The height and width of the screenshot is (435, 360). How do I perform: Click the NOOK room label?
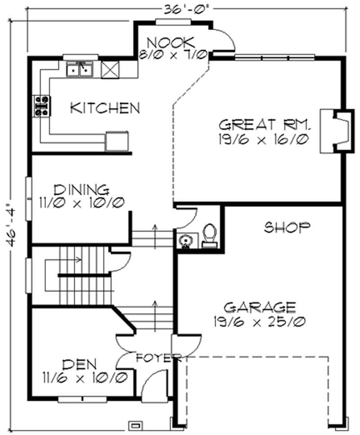point(171,43)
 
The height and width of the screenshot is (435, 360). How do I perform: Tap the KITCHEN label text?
point(105,108)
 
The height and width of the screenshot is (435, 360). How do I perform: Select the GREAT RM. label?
point(265,125)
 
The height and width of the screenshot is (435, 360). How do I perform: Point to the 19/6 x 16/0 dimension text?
point(263,139)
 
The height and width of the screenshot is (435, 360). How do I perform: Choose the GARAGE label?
point(260,307)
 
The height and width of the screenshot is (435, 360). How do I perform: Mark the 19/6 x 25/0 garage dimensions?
point(260,322)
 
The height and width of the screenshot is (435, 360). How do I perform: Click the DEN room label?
point(80,364)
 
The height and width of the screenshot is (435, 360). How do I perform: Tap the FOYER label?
point(158,358)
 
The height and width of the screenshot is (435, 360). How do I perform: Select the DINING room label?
point(81,190)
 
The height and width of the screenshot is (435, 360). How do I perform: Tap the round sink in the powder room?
point(185,240)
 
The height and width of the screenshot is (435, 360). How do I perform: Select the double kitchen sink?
point(80,69)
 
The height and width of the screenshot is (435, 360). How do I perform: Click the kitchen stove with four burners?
point(42,105)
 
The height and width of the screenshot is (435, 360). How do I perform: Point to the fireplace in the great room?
point(337,130)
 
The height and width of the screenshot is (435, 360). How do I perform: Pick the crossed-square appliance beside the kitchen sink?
point(110,70)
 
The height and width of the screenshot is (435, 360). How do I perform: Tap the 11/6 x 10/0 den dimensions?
point(85,377)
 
